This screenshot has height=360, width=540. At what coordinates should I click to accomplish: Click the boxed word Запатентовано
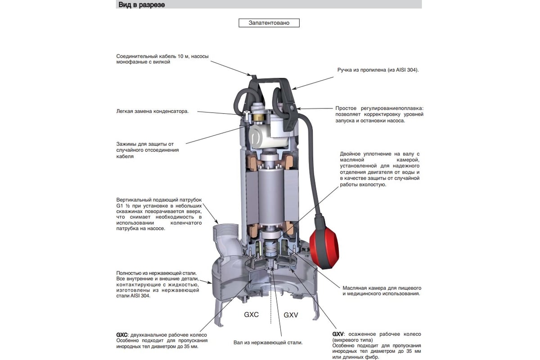click(269, 22)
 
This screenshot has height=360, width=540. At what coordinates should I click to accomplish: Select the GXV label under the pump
click(291, 315)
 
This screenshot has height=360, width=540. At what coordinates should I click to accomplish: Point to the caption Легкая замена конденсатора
click(153, 111)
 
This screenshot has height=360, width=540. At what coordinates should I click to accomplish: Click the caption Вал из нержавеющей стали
click(268, 342)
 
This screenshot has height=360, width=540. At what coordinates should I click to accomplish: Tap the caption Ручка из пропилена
click(378, 70)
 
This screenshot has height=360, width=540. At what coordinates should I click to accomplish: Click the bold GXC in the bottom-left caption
click(121, 335)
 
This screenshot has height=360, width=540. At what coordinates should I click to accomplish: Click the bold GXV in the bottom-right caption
click(338, 334)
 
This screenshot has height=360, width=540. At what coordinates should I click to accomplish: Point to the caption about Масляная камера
click(381, 291)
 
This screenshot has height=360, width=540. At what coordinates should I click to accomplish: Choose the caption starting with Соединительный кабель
click(162, 59)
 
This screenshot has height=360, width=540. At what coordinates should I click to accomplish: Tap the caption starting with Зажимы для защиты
click(148, 150)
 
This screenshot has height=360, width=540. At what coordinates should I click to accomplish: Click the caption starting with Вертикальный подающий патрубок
click(158, 214)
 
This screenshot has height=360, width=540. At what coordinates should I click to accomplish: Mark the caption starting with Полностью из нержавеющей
click(157, 284)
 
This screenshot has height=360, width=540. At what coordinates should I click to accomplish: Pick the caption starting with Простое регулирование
click(379, 115)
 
